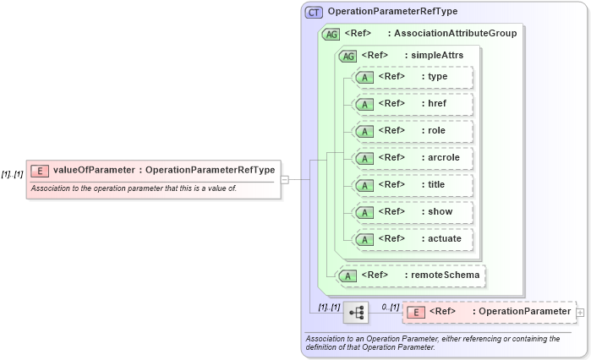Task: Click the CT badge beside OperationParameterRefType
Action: [314, 12]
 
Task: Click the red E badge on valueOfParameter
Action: [39, 170]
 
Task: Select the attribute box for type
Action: [413, 77]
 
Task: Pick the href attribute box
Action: [413, 104]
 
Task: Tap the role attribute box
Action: [413, 131]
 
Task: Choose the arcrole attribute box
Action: [413, 158]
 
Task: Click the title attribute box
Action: [413, 185]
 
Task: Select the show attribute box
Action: [413, 212]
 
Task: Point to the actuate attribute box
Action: [413, 239]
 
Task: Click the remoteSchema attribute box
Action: [412, 275]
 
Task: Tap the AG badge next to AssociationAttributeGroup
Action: [331, 34]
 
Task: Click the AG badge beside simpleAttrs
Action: [347, 56]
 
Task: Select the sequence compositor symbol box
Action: [356, 313]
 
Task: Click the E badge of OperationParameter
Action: [416, 312]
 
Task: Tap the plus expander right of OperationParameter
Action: [580, 312]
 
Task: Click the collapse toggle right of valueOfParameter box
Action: [285, 179]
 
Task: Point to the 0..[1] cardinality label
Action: [390, 306]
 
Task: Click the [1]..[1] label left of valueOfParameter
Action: [12, 174]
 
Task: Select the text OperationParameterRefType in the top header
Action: [392, 12]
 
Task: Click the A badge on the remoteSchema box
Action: [347, 275]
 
